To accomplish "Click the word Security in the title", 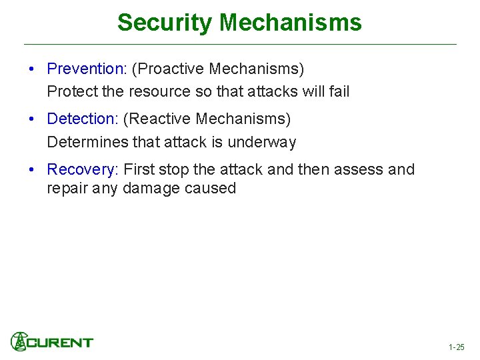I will point(165,23).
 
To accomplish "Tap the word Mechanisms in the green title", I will point(291,23).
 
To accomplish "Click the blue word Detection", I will point(81,119).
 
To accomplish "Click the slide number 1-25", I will point(456,347).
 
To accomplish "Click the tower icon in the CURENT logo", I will point(19,341).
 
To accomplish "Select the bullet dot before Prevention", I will point(32,69).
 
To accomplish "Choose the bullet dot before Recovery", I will point(32,170).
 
